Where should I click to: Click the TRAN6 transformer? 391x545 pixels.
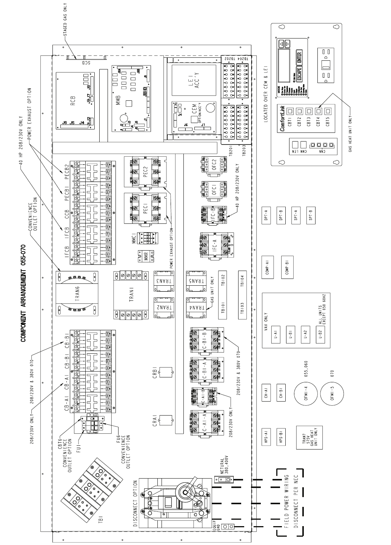coord(77,294)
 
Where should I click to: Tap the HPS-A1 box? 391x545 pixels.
coord(266,437)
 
